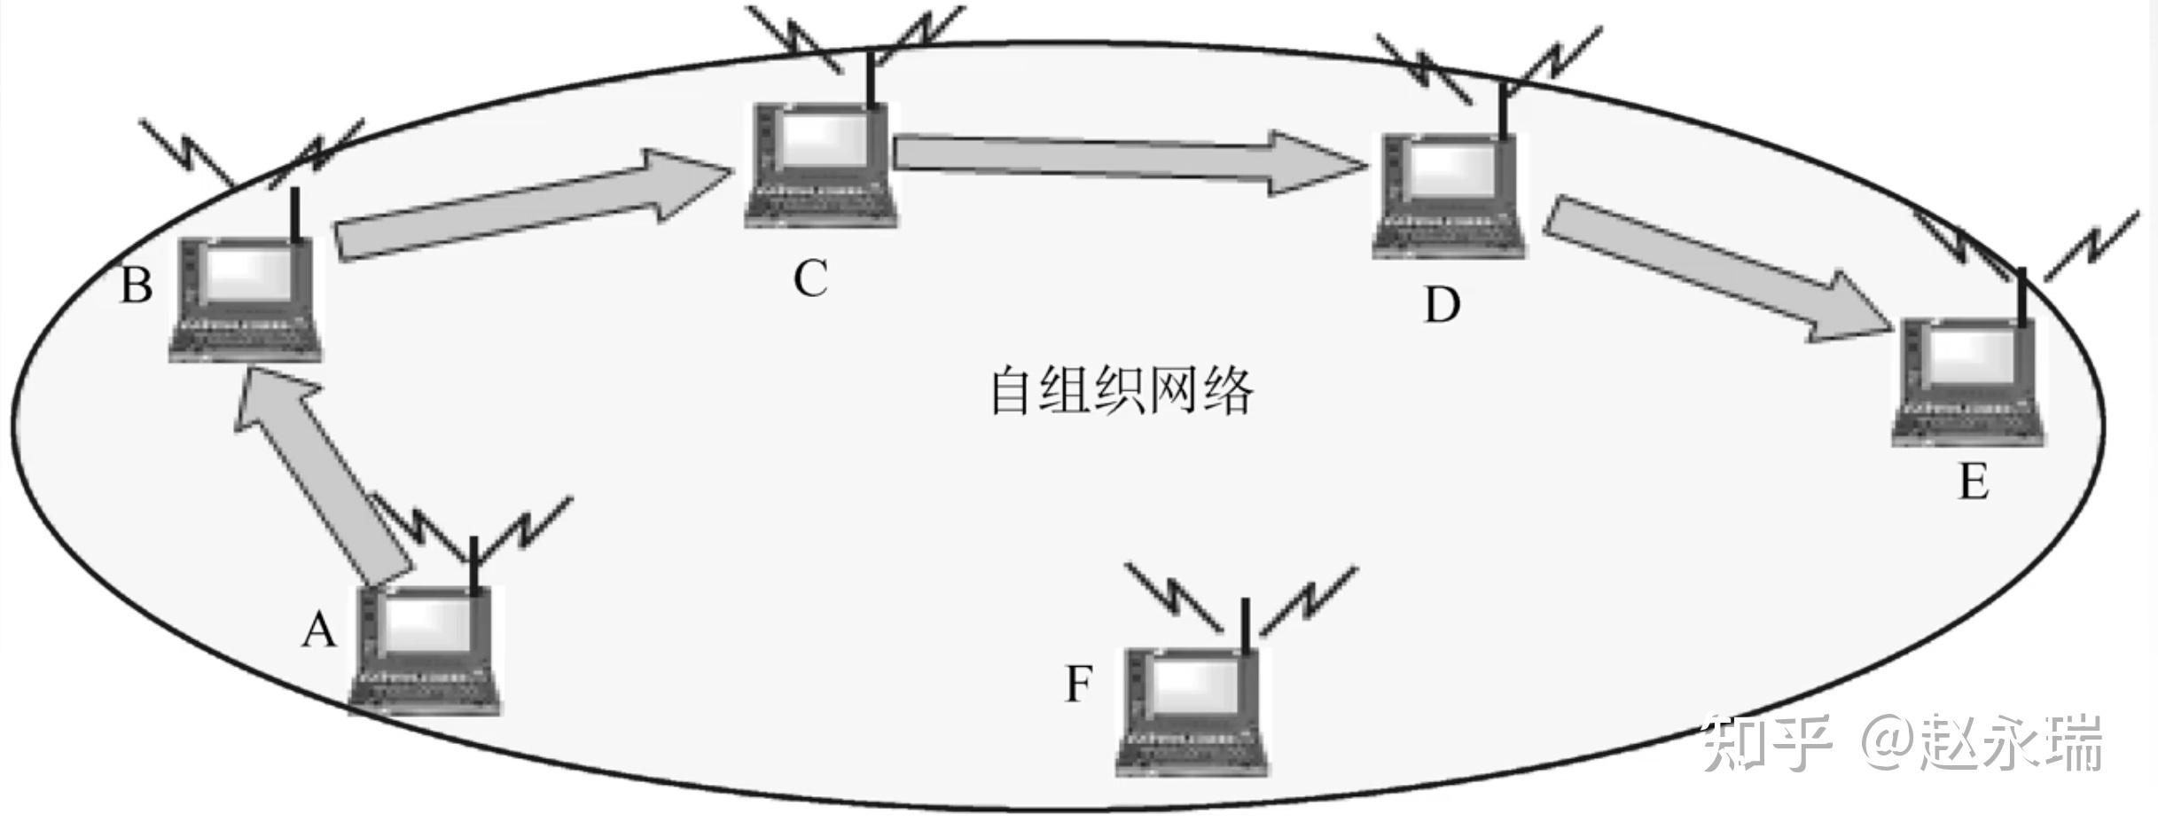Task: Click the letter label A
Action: click(319, 632)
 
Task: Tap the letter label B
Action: click(137, 286)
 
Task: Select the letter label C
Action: click(810, 278)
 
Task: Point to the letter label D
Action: click(1442, 305)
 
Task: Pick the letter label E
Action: click(1974, 483)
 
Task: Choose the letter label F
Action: click(1078, 684)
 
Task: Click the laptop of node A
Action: click(424, 649)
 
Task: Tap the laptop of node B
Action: click(246, 300)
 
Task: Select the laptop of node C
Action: click(821, 165)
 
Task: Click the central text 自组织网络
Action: click(1122, 391)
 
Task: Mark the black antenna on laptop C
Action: click(872, 81)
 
